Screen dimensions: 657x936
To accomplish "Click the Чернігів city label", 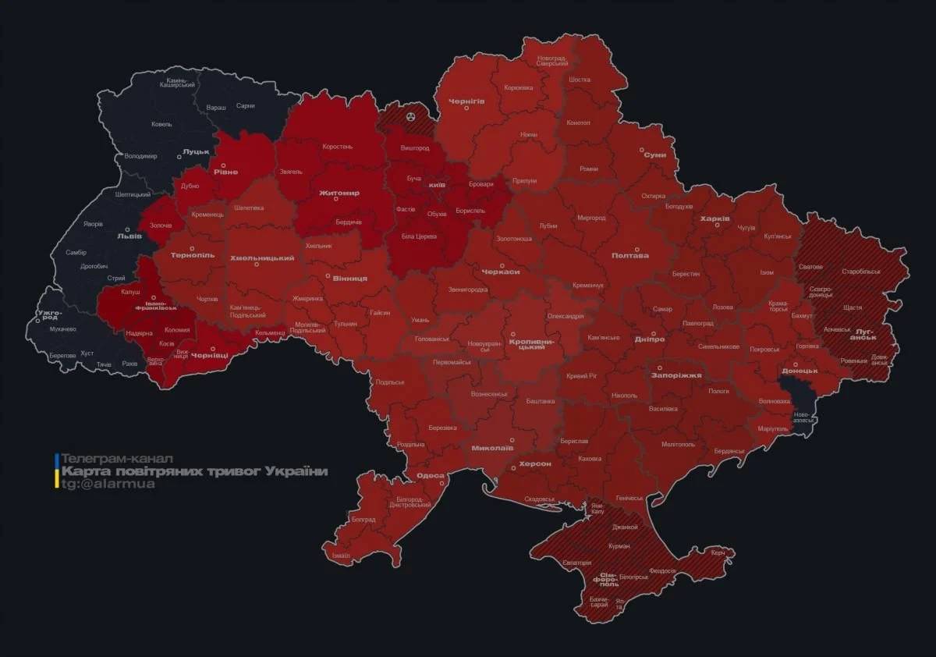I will pos(466,101).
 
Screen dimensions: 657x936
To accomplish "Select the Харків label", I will pos(714,218).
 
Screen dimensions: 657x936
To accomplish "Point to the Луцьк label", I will pos(196,151).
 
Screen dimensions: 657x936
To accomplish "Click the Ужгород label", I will pos(48,314).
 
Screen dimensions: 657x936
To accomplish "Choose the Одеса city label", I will pos(430,475).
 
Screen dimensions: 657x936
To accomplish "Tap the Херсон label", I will pos(536,463).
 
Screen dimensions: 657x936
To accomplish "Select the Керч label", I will pos(718,552).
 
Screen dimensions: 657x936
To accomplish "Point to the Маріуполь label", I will pos(771,429).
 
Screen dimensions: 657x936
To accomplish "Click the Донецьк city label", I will pos(800,371).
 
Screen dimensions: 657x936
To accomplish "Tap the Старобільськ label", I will pos(861,272).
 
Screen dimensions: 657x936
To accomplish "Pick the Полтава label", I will pos(630,255).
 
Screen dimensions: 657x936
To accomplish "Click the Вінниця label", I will pos(350,279).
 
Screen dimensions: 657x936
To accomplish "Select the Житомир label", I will pos(339,193).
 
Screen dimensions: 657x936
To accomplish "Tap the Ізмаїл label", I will pos(341,555).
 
